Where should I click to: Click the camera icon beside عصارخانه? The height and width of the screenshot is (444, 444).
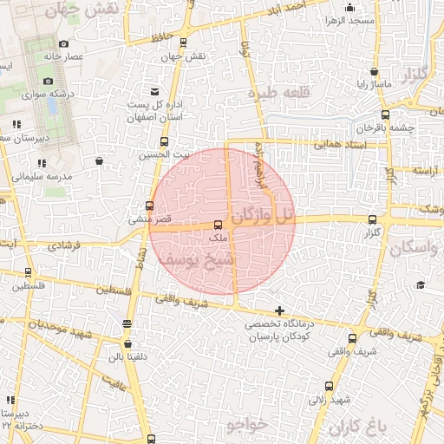[x=63, y=43]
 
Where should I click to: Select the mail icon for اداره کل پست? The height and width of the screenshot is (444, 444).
[x=155, y=91]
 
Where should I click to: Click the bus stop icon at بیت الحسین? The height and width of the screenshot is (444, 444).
[x=164, y=142]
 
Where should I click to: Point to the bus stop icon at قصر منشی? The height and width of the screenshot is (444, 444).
[x=150, y=206]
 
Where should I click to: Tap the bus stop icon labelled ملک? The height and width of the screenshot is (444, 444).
[x=217, y=225]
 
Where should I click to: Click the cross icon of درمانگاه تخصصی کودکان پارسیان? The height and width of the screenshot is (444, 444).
[x=279, y=310]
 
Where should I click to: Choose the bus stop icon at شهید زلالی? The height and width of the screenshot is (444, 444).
[x=328, y=386]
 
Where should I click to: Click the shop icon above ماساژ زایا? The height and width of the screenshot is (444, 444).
[x=374, y=72]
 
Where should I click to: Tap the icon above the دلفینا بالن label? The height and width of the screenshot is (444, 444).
[x=127, y=324]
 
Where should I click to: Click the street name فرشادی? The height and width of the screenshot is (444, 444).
[x=65, y=246]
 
